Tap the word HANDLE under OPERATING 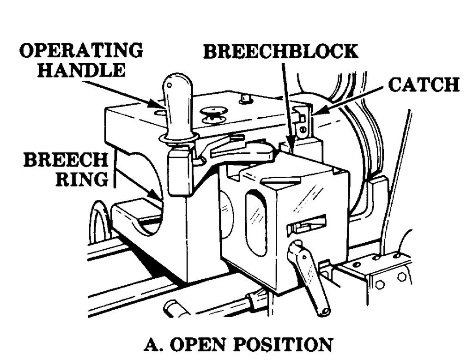pos(81,70)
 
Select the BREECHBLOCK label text pos(281,51)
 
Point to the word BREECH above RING pos(66,161)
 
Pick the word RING pos(82,179)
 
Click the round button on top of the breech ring pos(212,114)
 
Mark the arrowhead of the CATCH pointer pos(315,112)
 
